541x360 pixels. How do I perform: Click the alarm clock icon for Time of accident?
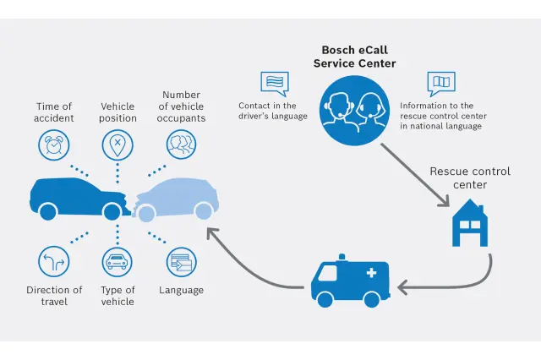[53, 145]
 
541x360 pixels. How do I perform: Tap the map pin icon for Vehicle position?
[117, 145]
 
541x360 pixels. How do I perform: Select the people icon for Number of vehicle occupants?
[182, 145]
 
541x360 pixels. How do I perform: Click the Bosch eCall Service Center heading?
[354, 57]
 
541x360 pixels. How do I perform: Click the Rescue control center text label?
[470, 177]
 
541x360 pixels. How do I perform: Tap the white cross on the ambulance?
[370, 273]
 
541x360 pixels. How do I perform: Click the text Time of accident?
[53, 112]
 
